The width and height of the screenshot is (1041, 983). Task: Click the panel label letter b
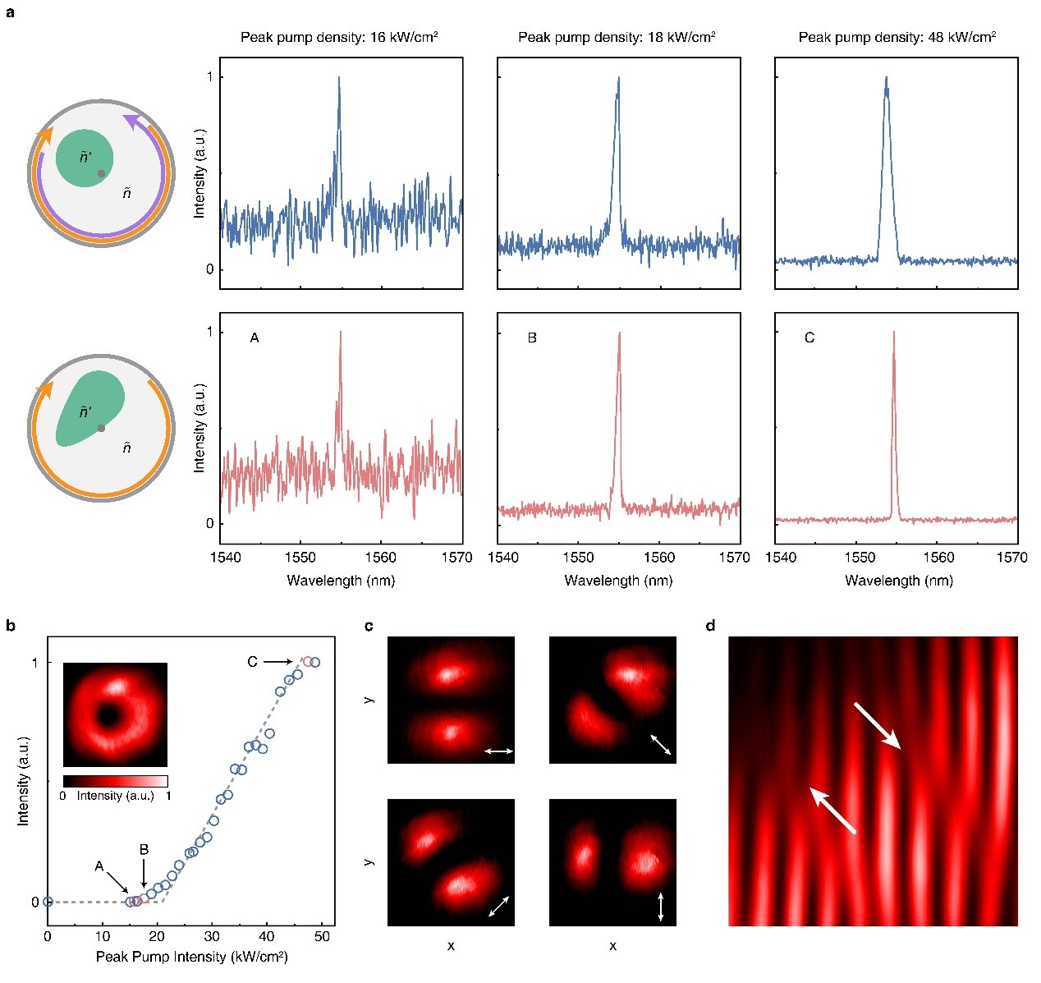coord(11,626)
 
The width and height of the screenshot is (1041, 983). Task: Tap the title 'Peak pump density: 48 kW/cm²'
coord(897,37)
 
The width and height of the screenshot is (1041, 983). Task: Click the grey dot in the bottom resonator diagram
coord(101,428)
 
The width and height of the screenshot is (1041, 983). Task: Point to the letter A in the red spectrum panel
coord(255,338)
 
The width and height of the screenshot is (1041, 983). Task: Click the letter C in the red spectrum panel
coord(809,338)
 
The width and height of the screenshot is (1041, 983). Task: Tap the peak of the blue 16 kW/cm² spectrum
coord(338,78)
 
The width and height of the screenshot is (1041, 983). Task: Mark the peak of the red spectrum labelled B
coord(619,333)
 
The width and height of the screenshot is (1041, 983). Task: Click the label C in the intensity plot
coord(253,661)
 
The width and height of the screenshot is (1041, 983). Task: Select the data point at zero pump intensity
coord(48,901)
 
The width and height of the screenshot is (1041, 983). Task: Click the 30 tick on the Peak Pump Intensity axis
coord(212,936)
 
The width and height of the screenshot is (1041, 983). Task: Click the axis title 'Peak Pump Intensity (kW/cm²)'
coord(191,957)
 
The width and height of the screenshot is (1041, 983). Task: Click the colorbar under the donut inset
coord(115,781)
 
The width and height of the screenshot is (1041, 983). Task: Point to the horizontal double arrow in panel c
coord(498,751)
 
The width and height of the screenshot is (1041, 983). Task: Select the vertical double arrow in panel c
coord(661,906)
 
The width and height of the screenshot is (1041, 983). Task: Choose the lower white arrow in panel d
coord(832,810)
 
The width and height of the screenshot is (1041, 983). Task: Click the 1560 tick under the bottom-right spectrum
coord(938,558)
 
